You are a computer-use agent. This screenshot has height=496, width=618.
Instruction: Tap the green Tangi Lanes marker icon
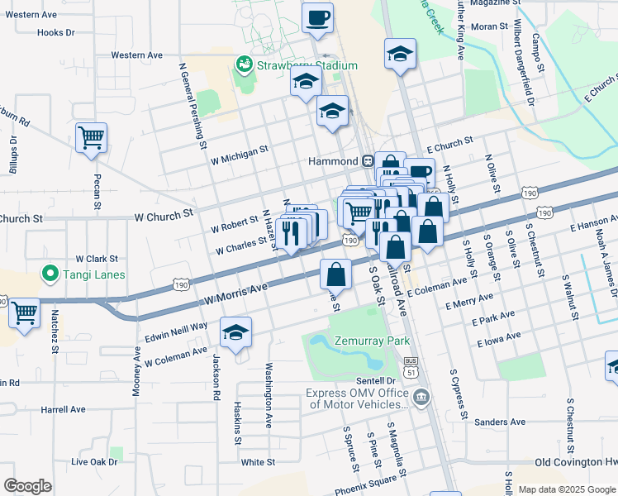tap(50, 274)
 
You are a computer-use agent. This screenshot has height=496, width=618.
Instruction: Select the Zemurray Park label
tap(373, 341)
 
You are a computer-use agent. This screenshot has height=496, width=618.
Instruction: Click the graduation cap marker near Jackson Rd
tap(235, 331)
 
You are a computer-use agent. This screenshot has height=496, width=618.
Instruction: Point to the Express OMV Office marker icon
tap(421, 399)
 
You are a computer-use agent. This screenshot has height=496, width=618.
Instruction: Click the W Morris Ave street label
tap(238, 291)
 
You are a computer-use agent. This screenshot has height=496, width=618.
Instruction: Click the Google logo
tap(27, 486)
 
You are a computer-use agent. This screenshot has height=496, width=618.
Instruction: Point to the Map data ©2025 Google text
tap(567, 489)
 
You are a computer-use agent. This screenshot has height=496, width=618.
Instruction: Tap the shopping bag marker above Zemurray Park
tap(335, 272)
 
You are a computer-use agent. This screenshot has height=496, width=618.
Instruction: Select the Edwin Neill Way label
tap(176, 327)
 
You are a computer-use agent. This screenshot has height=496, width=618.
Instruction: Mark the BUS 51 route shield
tap(411, 365)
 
